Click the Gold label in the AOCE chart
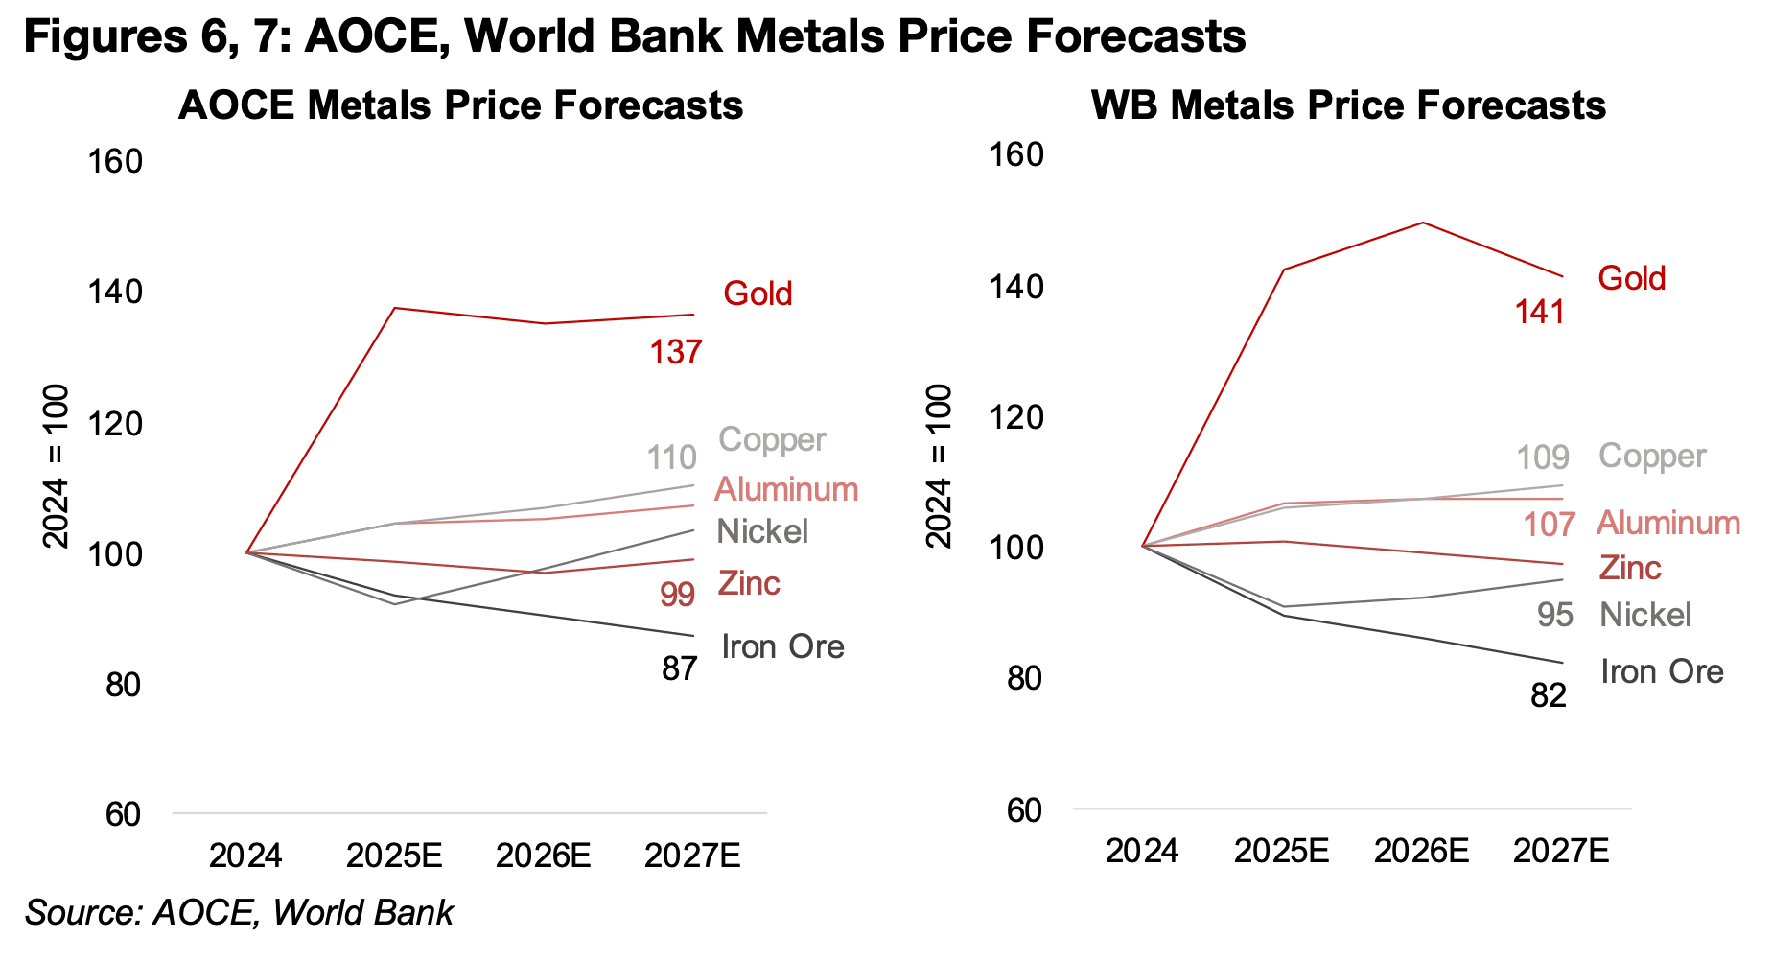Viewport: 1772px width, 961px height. coord(758,293)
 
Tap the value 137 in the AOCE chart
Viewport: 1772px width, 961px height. coord(676,352)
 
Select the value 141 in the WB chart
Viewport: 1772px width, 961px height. coord(1539,312)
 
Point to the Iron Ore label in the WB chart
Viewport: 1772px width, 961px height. coord(1662,671)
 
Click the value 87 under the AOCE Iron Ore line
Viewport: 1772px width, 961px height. coord(679,668)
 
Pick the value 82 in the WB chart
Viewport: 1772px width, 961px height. coord(1548,695)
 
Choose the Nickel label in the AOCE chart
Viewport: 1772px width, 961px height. coord(762,531)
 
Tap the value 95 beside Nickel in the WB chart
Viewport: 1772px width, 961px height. coord(1554,615)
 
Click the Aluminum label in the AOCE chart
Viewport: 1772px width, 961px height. coord(786,489)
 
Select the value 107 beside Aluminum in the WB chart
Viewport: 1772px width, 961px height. coord(1549,525)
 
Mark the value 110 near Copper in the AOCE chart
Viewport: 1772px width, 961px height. coord(671,457)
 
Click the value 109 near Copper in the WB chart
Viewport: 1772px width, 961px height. coord(1542,457)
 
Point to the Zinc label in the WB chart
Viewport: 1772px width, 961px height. coord(1630,568)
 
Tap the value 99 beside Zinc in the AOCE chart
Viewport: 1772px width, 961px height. coord(677,595)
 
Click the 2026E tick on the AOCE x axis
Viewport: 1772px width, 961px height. coord(543,855)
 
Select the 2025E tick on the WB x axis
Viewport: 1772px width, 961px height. coord(1281,851)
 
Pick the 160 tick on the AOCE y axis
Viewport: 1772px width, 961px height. coord(115,161)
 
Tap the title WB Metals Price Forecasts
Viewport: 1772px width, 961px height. coord(1348,105)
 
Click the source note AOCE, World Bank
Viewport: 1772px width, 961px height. coord(240,912)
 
